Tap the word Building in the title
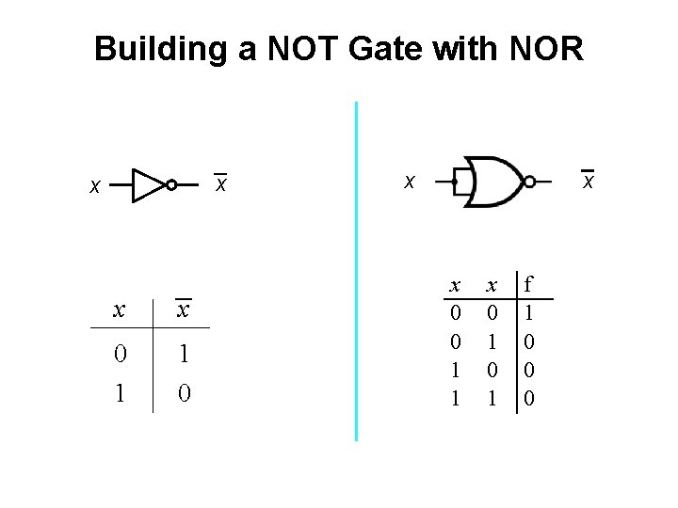click(x=162, y=48)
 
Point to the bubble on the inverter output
click(x=171, y=185)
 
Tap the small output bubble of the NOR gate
click(x=529, y=181)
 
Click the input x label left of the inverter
click(x=93, y=187)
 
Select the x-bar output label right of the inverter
click(x=220, y=184)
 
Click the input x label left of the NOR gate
click(x=409, y=180)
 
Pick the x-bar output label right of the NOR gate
click(x=588, y=180)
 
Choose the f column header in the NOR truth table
click(x=529, y=283)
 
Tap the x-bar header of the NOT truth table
click(x=185, y=310)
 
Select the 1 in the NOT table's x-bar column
click(x=185, y=354)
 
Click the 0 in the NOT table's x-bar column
click(x=185, y=391)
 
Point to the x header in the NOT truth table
click(x=119, y=310)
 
